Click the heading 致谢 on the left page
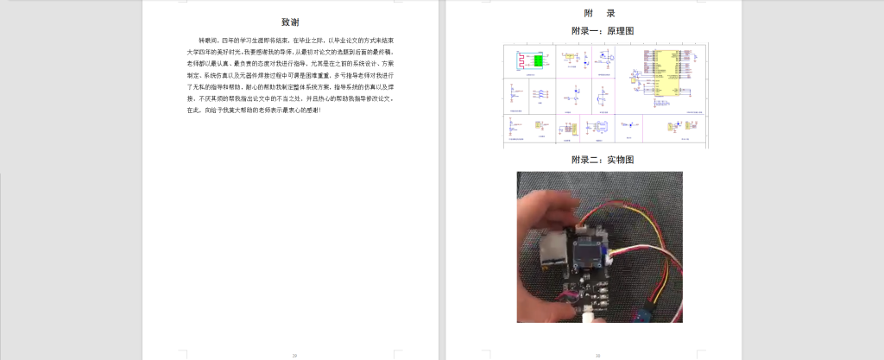[x=291, y=22]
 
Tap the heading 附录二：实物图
[x=603, y=161]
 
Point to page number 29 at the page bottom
[x=294, y=355]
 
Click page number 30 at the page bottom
[x=598, y=355]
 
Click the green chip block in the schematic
[x=539, y=61]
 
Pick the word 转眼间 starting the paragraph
[x=208, y=41]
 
